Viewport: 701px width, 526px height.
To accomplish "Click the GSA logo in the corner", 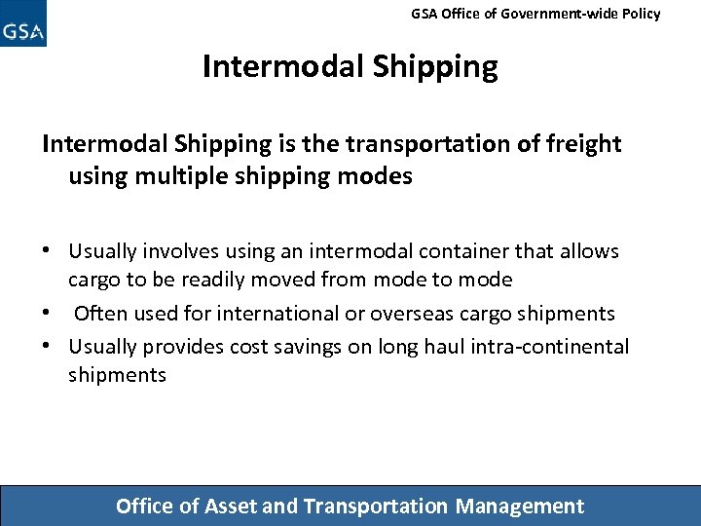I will click(23, 24).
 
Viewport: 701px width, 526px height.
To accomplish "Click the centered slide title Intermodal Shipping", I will click(350, 66).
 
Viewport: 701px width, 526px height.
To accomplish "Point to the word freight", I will click(582, 144).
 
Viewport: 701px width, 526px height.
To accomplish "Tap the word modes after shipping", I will click(379, 176).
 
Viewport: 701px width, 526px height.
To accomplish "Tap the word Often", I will click(100, 314).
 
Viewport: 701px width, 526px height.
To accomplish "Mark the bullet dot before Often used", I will click(48, 314).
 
